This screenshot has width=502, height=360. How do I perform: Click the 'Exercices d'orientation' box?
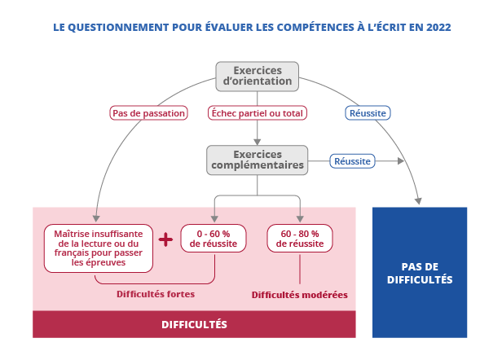pyautogui.click(x=257, y=76)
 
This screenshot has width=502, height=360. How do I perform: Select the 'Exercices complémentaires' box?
pyautogui.click(x=257, y=159)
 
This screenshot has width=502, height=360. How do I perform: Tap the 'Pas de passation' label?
pyautogui.click(x=148, y=112)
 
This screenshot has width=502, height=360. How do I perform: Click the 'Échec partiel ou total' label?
pyautogui.click(x=257, y=112)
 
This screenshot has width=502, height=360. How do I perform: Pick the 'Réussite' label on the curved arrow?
pyautogui.click(x=368, y=112)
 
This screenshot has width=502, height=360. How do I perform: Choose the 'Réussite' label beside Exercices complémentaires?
pyautogui.click(x=352, y=161)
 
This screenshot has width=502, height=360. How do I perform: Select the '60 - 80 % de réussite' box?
pyautogui.click(x=300, y=239)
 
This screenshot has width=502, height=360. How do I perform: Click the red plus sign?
pyautogui.click(x=166, y=239)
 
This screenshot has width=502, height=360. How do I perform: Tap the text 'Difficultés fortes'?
pyautogui.click(x=156, y=293)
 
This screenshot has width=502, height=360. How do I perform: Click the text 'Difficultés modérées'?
pyautogui.click(x=299, y=294)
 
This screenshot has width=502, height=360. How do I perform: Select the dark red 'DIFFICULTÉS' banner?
pyautogui.click(x=194, y=324)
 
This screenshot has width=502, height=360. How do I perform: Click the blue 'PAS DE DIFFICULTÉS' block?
pyautogui.click(x=420, y=272)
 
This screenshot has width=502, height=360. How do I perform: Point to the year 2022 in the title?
pyautogui.click(x=437, y=27)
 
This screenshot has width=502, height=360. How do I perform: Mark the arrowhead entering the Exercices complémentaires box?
pyautogui.click(x=257, y=142)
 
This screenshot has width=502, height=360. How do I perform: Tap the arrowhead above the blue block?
pyautogui.click(x=419, y=200)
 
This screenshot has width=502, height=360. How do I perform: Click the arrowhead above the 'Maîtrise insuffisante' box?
pyautogui.click(x=96, y=217)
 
